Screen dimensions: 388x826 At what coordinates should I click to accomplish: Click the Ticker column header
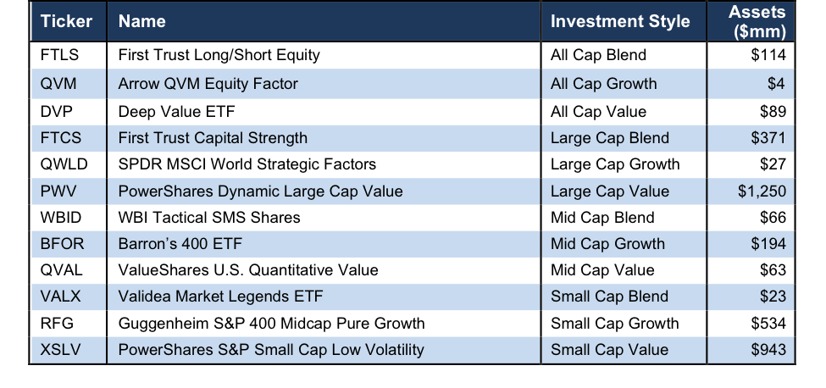tap(66, 21)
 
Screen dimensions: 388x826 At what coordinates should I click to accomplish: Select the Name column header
tap(142, 21)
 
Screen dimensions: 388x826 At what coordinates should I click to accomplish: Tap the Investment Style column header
tap(620, 21)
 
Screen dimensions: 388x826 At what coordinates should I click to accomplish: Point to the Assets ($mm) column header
tap(757, 21)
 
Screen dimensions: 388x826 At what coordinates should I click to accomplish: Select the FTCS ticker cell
tap(61, 137)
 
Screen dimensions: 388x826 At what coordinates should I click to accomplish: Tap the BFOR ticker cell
tap(62, 244)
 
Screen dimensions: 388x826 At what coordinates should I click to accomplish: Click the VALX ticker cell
tap(61, 297)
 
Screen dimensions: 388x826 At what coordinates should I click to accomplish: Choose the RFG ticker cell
tap(57, 323)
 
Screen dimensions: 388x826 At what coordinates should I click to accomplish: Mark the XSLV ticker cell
tap(61, 349)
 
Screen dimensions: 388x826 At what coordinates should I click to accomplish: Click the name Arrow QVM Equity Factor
tap(208, 84)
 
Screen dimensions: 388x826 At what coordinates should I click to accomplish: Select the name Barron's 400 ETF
tap(180, 244)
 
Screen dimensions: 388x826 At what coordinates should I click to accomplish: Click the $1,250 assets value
tap(760, 191)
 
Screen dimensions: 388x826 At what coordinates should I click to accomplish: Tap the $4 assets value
tap(776, 84)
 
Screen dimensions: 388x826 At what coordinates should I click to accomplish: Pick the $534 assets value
tap(768, 323)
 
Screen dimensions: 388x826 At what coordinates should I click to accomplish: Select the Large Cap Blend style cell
tap(609, 137)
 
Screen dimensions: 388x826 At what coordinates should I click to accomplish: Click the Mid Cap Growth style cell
tap(607, 244)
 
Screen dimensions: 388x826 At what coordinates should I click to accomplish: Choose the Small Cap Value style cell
tap(609, 349)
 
